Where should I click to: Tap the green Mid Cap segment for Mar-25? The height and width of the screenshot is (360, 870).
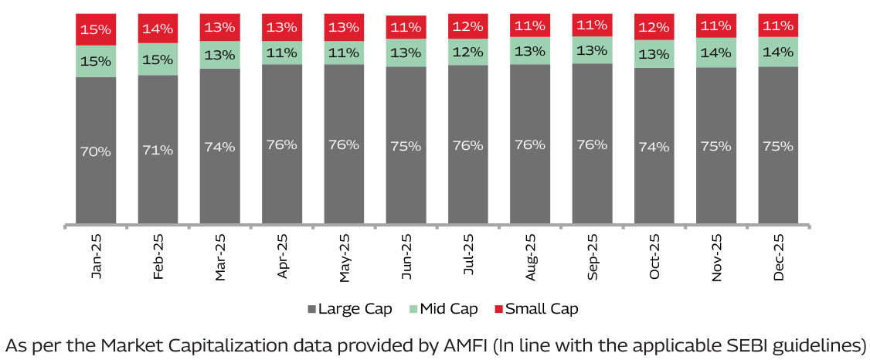(219, 54)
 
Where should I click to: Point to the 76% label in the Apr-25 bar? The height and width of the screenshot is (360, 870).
(281, 144)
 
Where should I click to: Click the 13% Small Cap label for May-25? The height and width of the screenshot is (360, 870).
(344, 27)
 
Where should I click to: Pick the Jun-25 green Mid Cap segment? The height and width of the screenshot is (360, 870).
(406, 53)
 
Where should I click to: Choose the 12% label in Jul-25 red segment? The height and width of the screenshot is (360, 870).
(468, 27)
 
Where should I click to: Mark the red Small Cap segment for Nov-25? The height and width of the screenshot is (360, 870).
(716, 26)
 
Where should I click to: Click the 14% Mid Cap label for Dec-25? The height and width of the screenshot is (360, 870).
(778, 53)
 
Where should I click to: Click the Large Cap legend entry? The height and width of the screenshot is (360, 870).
(348, 309)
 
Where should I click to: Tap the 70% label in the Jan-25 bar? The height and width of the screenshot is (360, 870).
(96, 152)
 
